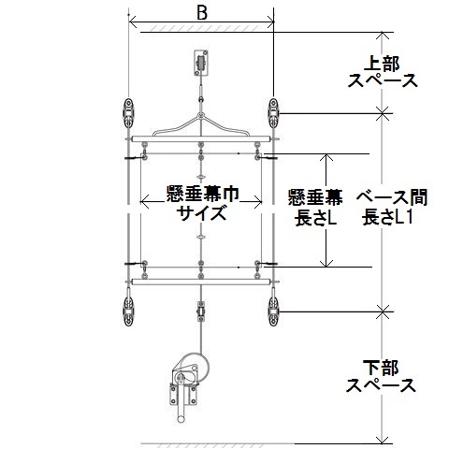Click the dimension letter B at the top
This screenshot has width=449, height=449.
[x=202, y=13]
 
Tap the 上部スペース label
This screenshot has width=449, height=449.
[x=383, y=72]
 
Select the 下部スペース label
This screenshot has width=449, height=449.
[x=381, y=377]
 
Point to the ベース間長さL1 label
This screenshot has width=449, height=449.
[x=392, y=207]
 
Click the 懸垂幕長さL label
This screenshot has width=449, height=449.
[x=315, y=207]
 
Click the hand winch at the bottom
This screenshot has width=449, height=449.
[x=188, y=386]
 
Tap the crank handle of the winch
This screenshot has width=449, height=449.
[x=181, y=409]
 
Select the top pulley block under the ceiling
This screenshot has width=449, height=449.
[x=201, y=63]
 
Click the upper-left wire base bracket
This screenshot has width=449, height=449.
[x=128, y=113]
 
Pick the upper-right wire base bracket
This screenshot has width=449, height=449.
[x=273, y=113]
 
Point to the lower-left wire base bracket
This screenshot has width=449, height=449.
[x=128, y=311]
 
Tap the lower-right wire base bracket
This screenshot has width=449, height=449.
[x=273, y=311]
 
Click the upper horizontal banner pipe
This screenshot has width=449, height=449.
[x=201, y=138]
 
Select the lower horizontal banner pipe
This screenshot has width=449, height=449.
[x=201, y=282]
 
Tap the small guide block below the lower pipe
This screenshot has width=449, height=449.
[x=201, y=311]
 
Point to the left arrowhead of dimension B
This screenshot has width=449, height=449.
[x=132, y=22]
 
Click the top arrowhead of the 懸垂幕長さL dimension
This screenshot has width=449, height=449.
[x=326, y=157]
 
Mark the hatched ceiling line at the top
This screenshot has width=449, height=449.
[x=206, y=29]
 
